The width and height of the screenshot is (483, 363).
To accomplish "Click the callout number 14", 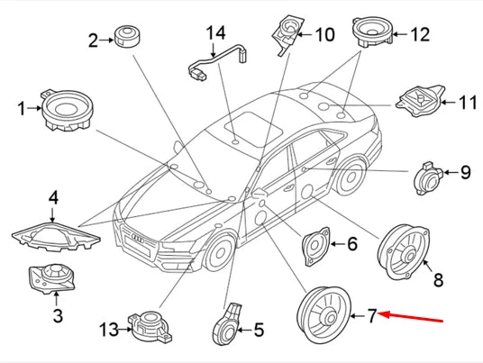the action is (215, 32).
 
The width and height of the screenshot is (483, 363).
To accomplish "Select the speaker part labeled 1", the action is (67, 110).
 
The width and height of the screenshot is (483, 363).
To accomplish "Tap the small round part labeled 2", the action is (127, 37).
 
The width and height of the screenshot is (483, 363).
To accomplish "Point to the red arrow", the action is (411, 317).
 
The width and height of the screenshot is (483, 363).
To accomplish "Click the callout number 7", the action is (371, 316).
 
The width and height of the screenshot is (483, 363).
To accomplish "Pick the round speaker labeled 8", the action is (404, 252).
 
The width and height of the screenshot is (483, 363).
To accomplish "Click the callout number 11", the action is (468, 102).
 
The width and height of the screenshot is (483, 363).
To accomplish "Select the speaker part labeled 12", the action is (372, 32).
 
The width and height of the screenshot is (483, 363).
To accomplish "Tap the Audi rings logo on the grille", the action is (137, 237).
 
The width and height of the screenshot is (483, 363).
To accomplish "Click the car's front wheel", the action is (219, 252).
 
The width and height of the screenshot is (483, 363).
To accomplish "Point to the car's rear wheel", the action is (351, 177).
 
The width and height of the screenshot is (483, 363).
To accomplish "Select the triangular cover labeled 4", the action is (56, 235).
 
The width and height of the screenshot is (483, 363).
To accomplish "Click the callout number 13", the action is (108, 330).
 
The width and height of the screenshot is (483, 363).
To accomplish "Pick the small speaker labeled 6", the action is (316, 246).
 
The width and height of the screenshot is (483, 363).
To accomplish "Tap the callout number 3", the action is (58, 315).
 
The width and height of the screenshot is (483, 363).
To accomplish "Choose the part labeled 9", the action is (428, 179).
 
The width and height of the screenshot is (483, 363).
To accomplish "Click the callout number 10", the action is (324, 34).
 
